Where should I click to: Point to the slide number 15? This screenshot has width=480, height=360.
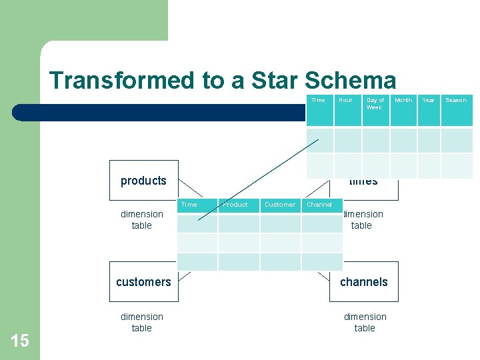coord(20,341)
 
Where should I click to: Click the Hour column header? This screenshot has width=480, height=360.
coord(345,100)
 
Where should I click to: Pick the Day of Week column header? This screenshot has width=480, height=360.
coord(375,103)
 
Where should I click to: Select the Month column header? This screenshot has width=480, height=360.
coord(403,100)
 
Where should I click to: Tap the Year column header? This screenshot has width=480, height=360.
coord(428,100)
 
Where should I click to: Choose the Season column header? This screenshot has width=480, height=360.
coord(456,100)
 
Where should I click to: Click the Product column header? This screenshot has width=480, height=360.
coord(235,205)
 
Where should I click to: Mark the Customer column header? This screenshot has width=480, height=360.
coord(280,205)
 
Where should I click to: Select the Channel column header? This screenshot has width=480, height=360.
coord(319,205)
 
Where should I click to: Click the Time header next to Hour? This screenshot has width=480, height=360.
coord(318,100)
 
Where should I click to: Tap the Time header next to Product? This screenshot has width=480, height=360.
coord(189,205)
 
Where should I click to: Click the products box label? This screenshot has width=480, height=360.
coord(143,181)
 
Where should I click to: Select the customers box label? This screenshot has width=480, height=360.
coord(143,282)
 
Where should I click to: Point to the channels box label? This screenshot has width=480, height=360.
coord(363,282)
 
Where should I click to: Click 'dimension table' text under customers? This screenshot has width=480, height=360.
coord(142,322)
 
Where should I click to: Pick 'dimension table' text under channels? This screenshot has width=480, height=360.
coord(365,322)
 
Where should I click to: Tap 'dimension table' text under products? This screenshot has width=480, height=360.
coord(142,219)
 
